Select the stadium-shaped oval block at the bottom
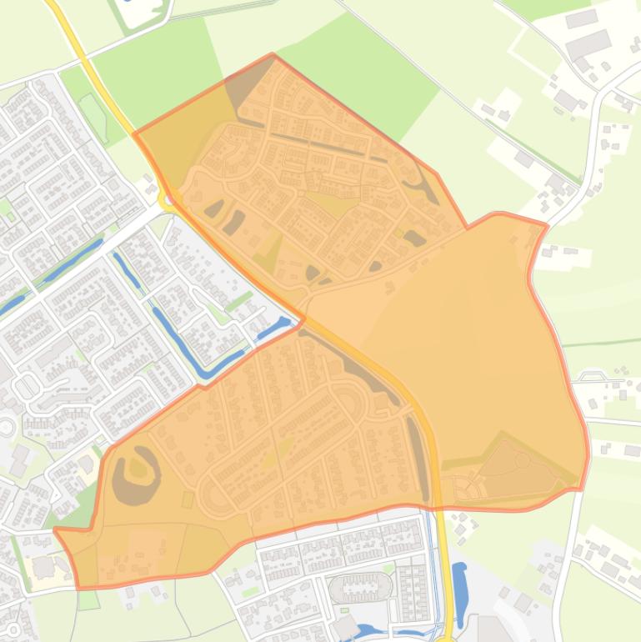[x=360, y=588]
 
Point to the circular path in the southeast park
[x=523, y=459]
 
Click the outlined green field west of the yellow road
[x=94, y=117]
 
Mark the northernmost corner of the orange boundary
[x=273, y=55]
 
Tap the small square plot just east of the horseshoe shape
[x=188, y=499]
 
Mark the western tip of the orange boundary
[x=55, y=529]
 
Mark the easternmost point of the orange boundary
[x=588, y=454]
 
